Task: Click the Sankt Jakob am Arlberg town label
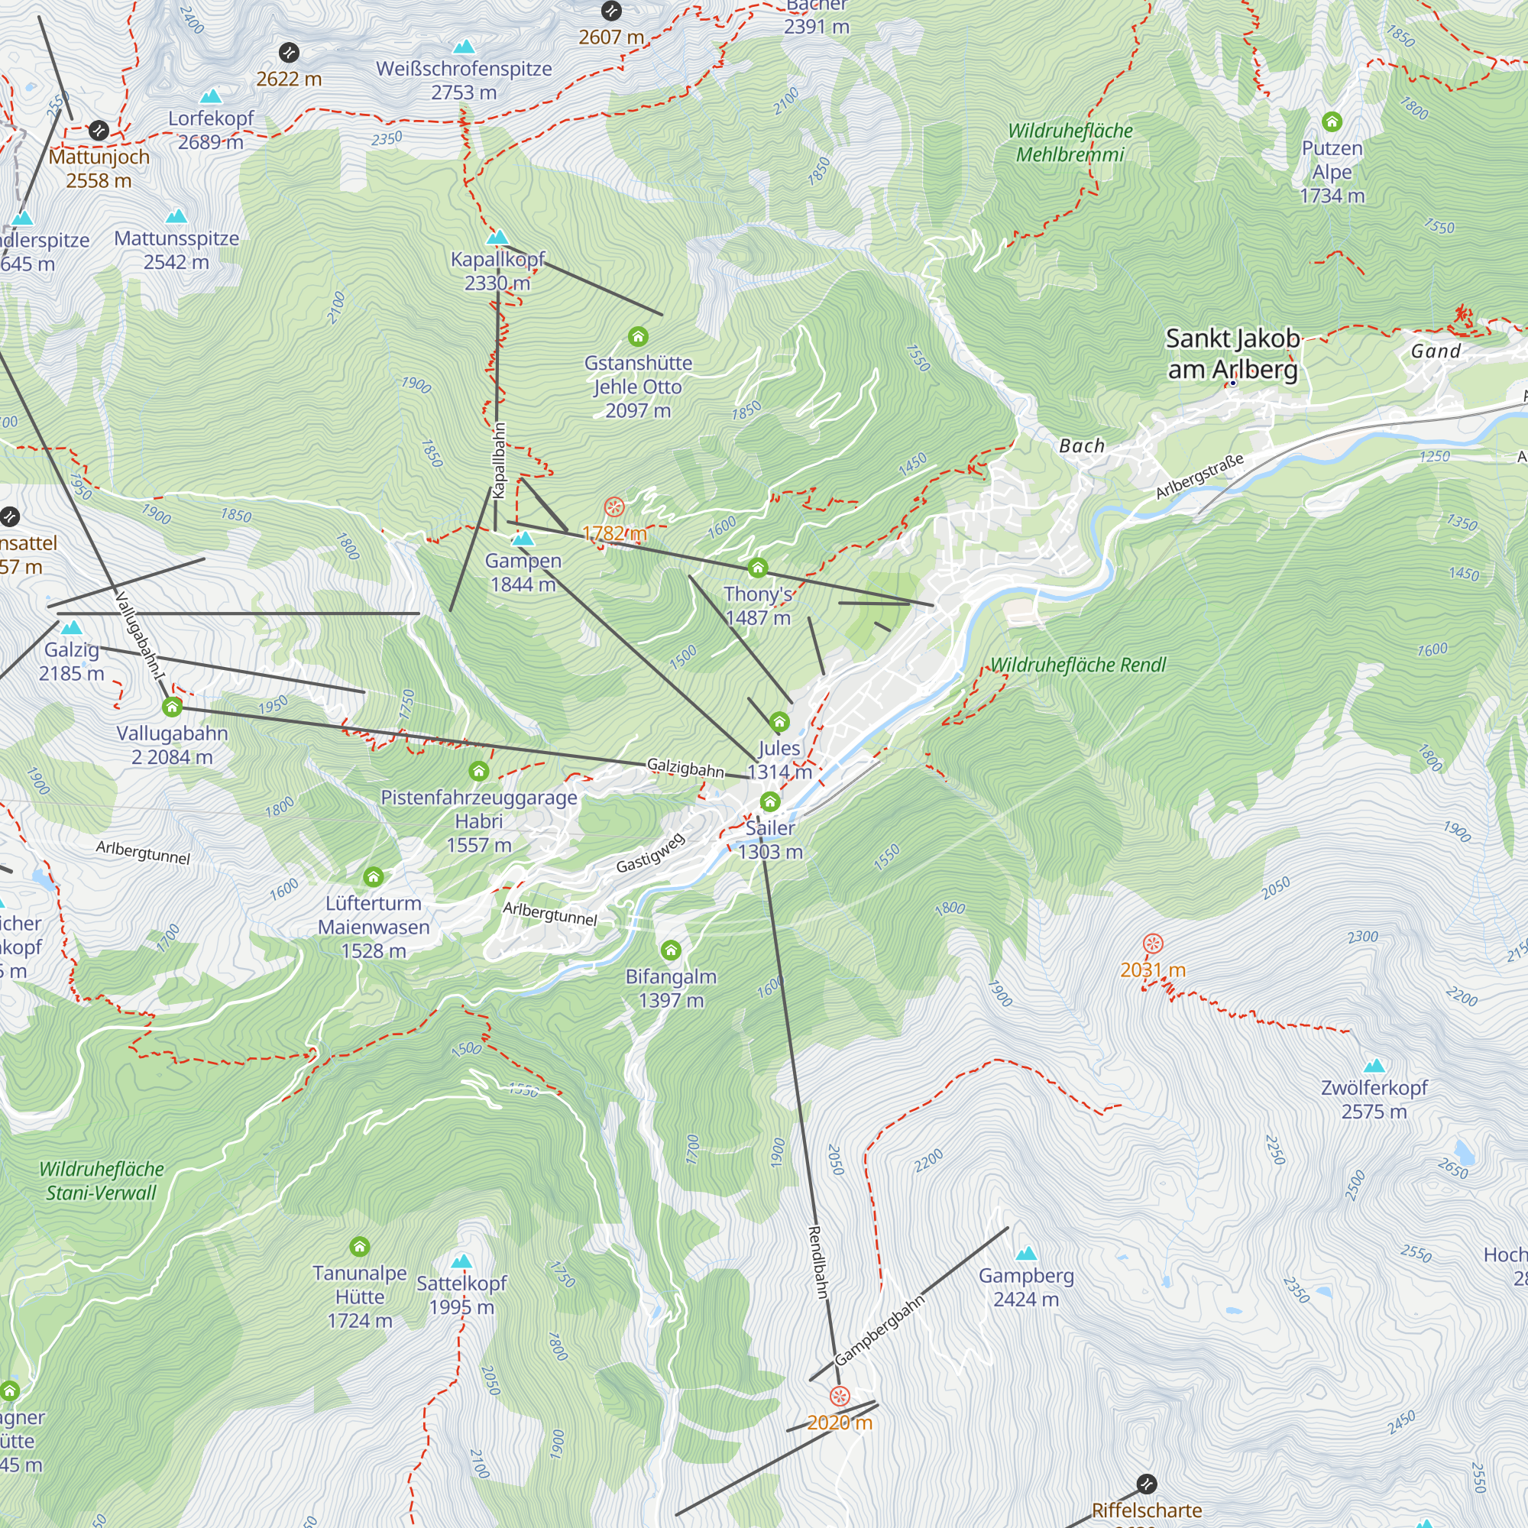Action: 1232,354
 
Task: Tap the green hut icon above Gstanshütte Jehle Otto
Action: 638,337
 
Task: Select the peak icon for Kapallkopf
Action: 497,238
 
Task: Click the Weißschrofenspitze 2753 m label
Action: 464,80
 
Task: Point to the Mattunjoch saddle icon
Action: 99,130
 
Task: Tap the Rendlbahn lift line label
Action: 817,1261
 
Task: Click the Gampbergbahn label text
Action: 879,1330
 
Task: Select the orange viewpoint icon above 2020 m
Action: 840,1395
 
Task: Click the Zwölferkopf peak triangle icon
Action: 1374,1065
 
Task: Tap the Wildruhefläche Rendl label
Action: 1078,665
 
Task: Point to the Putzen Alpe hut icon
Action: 1332,121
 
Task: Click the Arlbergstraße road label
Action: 1199,476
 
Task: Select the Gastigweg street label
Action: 650,853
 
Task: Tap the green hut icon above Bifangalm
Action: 671,950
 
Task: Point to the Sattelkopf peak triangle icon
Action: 461,1261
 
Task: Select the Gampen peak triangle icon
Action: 523,539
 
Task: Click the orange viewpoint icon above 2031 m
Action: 1153,943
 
